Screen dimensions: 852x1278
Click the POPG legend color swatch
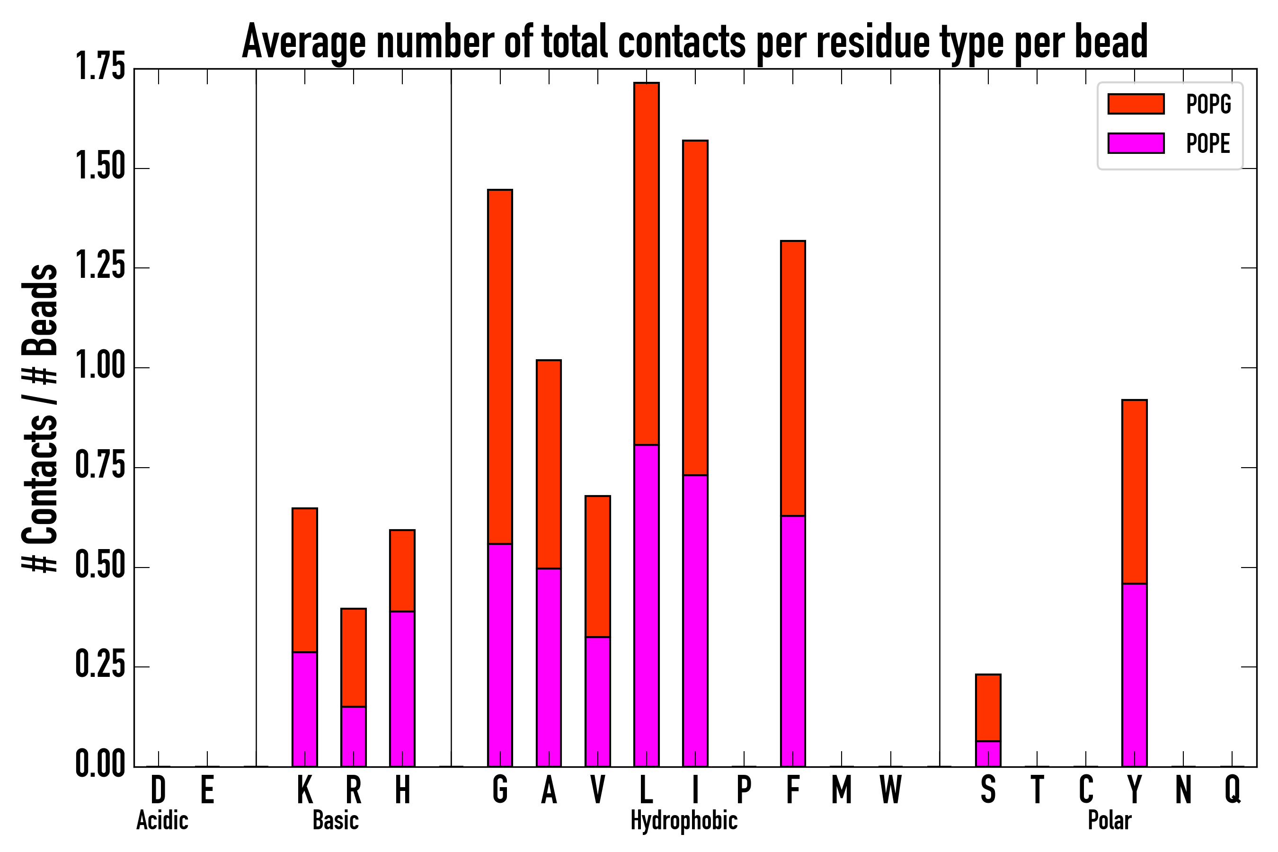[x=1136, y=104]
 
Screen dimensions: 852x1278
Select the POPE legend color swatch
[x=1136, y=143]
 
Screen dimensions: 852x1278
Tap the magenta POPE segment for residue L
[x=646, y=605]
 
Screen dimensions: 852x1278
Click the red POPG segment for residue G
[x=500, y=367]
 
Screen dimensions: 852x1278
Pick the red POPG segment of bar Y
[x=1135, y=492]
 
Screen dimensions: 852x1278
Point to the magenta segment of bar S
[x=988, y=754]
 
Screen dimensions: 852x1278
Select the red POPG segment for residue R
[x=353, y=657]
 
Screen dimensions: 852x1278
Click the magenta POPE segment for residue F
[x=793, y=641]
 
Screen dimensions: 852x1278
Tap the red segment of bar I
[x=695, y=308]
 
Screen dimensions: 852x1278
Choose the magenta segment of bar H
[x=402, y=689]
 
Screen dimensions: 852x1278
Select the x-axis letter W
[x=891, y=790]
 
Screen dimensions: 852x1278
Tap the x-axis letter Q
[x=1233, y=790]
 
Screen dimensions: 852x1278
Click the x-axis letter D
[x=158, y=790]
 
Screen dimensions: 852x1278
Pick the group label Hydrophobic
[x=683, y=820]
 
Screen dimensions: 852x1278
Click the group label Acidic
[x=162, y=820]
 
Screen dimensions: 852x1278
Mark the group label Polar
[x=1109, y=820]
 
